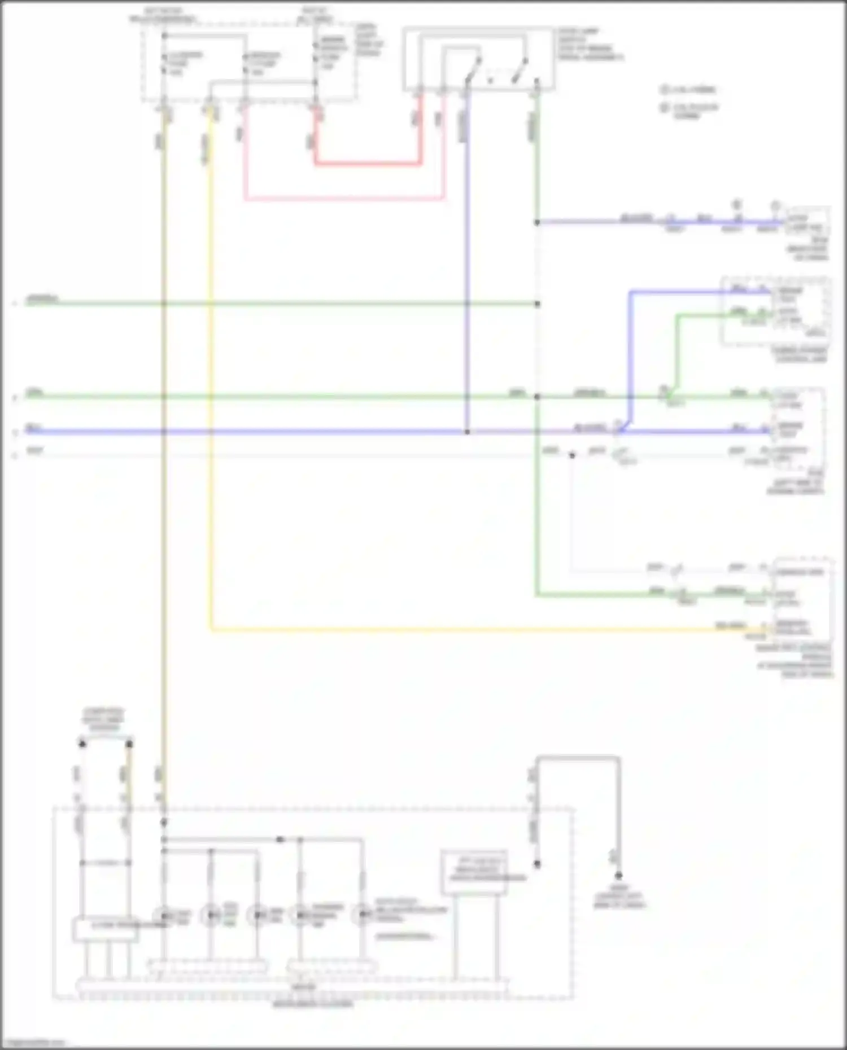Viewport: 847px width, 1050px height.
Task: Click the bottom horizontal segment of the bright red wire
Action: (367, 164)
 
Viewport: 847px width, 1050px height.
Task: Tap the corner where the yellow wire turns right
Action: (212, 628)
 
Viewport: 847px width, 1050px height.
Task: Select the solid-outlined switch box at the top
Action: (478, 58)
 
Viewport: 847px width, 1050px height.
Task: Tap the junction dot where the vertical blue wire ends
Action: (467, 432)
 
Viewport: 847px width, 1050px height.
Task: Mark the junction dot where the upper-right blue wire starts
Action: (537, 222)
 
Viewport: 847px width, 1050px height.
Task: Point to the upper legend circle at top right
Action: (665, 89)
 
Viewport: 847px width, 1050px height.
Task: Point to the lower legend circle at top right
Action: (665, 107)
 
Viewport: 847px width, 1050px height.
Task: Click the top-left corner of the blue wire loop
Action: (631, 292)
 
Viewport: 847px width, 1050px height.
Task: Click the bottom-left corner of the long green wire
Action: (536, 595)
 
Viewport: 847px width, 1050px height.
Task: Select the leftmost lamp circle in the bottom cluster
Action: (163, 915)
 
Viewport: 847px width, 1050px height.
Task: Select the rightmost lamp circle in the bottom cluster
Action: (361, 915)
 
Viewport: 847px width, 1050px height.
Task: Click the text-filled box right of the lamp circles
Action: (474, 872)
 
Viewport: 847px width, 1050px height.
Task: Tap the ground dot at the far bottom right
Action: (619, 876)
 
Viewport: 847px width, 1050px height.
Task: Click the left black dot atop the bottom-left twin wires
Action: (82, 744)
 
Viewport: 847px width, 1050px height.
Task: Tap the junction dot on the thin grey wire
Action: (572, 455)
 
